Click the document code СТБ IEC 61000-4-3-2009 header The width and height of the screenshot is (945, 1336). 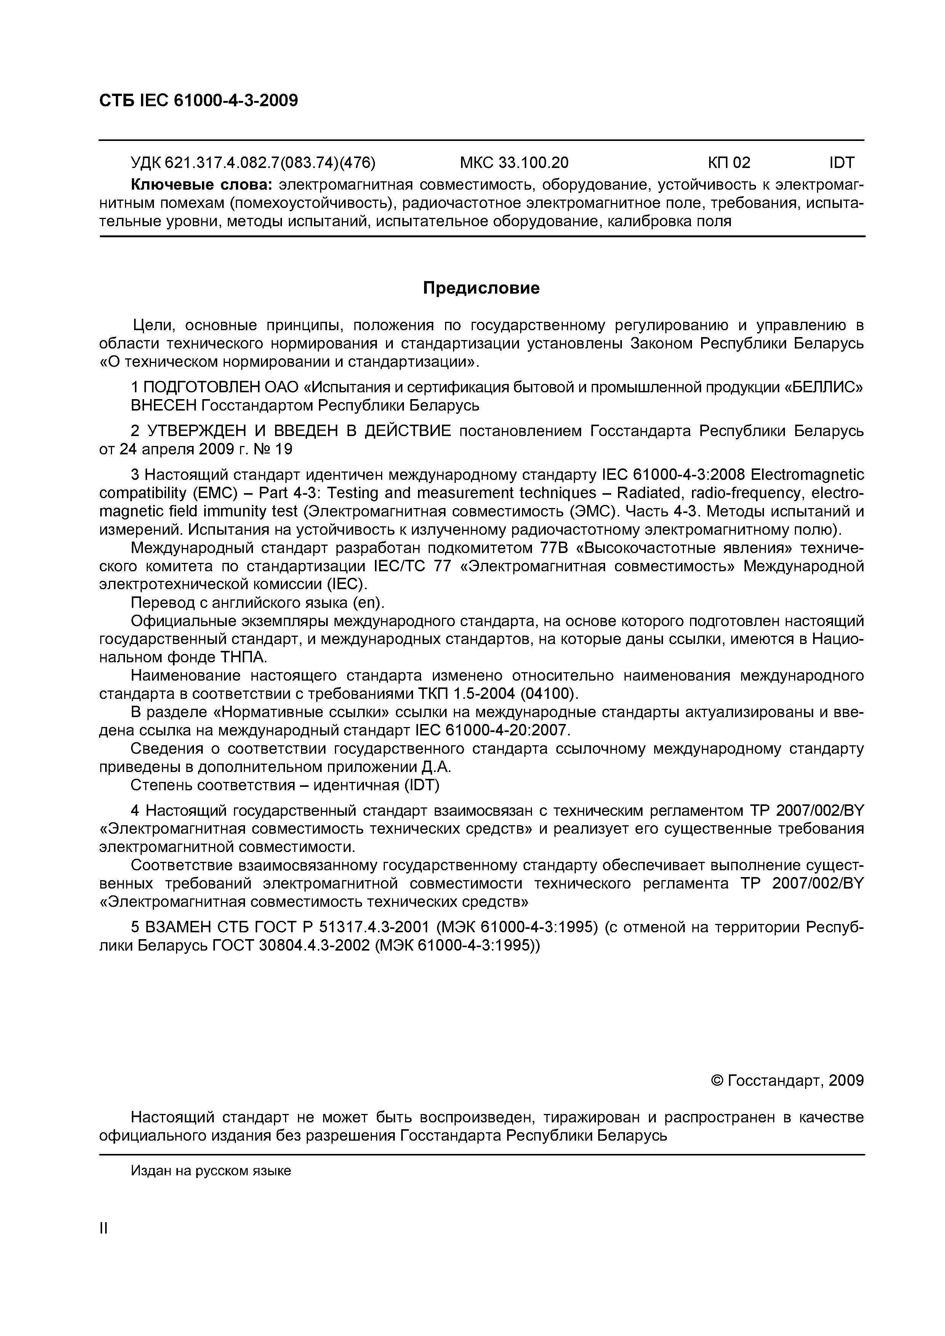[x=199, y=101]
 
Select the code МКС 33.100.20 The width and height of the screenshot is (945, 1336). [x=514, y=162]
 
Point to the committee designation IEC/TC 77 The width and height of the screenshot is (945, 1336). [x=412, y=566]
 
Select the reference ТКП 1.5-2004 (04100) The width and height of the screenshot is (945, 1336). [x=498, y=694]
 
